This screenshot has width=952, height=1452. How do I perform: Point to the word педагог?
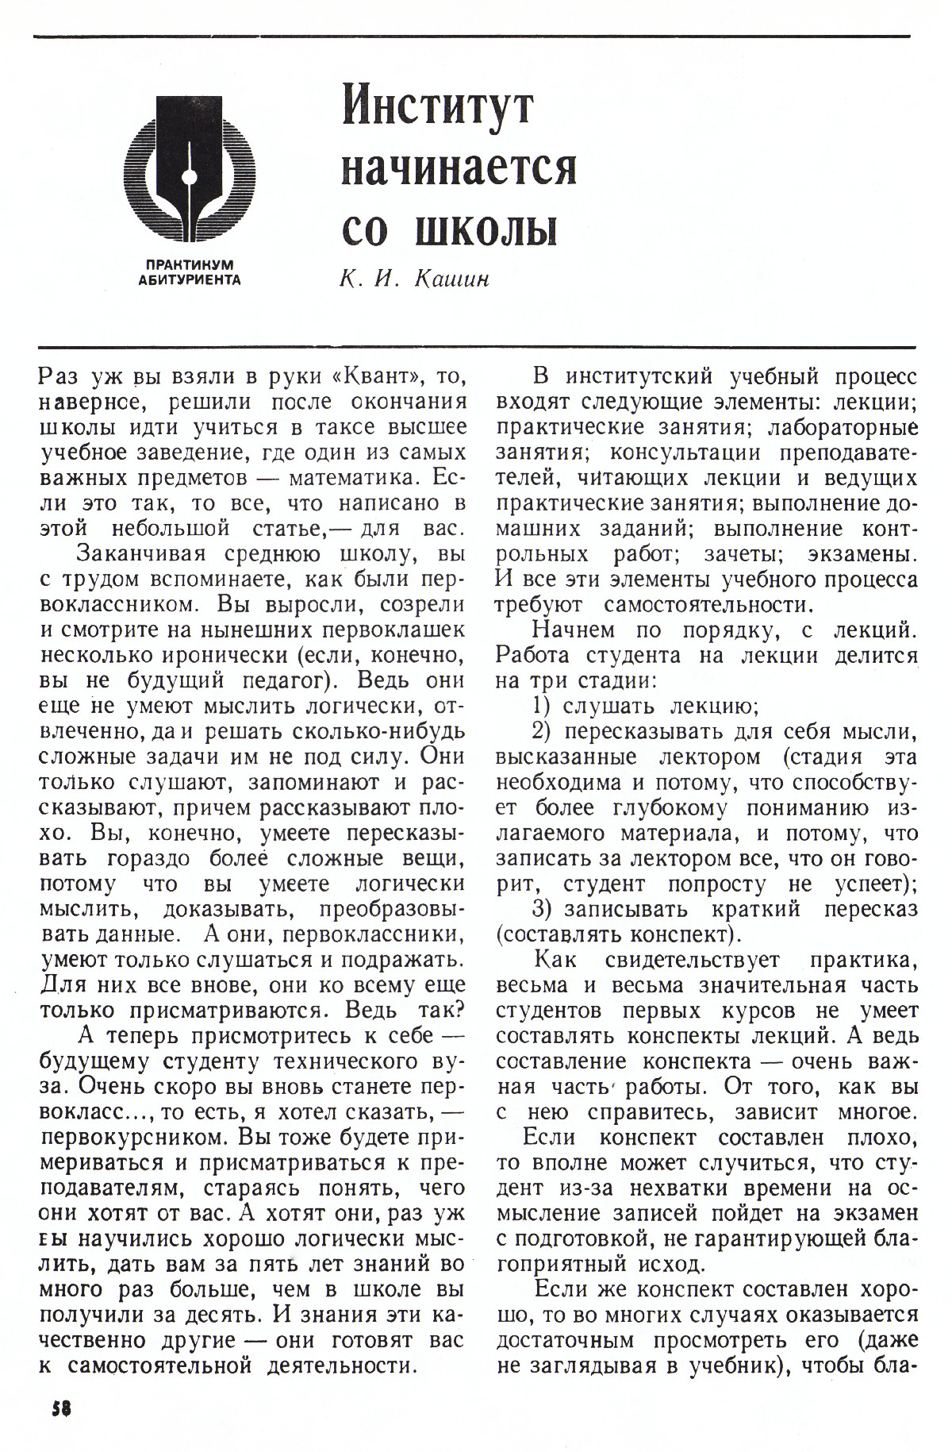click(x=284, y=681)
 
